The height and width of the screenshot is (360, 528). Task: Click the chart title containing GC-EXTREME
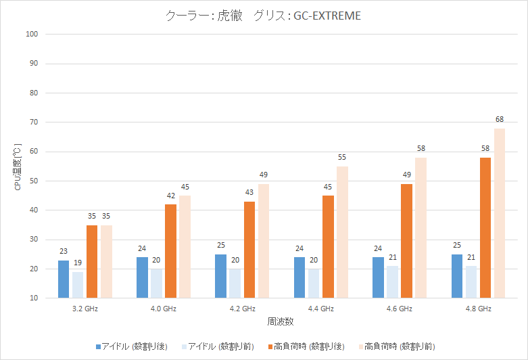point(263,16)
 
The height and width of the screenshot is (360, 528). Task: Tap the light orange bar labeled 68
point(500,213)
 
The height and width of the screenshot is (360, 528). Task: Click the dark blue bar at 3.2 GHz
point(64,279)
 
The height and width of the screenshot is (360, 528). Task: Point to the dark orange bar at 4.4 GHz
point(328,246)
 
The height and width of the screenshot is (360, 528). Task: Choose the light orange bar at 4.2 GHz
point(264,241)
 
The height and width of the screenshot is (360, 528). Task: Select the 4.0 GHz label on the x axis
point(164,309)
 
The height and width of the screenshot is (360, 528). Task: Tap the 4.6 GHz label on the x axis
point(400,309)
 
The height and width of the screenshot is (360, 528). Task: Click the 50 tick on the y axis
point(33,181)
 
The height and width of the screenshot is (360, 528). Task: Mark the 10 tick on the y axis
point(33,298)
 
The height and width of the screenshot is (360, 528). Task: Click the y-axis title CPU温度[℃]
point(18,166)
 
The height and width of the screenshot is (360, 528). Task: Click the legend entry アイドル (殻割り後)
point(135,347)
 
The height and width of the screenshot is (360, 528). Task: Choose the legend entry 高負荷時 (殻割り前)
point(394,347)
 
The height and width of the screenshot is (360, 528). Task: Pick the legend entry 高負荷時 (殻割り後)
point(307,347)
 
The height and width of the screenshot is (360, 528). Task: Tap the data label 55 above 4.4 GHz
point(342,157)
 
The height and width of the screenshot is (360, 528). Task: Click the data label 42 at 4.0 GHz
point(171,195)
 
